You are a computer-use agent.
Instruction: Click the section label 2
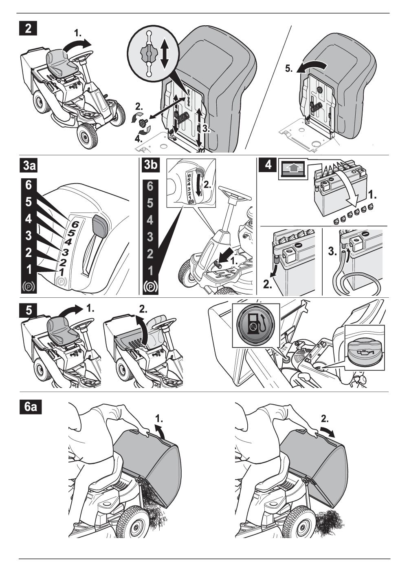(x=27, y=30)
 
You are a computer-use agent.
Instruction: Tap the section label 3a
(x=29, y=167)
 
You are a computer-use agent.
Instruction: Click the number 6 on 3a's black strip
(x=28, y=185)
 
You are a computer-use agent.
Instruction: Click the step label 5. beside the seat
(x=288, y=70)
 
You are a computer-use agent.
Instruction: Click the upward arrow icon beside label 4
(x=292, y=168)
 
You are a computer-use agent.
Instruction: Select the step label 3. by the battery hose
(x=332, y=252)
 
